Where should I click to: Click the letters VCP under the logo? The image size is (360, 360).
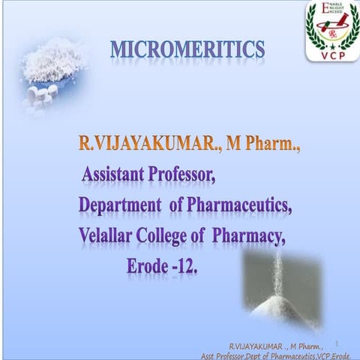coord(331,53)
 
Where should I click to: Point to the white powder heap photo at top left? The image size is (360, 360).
coord(52,64)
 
